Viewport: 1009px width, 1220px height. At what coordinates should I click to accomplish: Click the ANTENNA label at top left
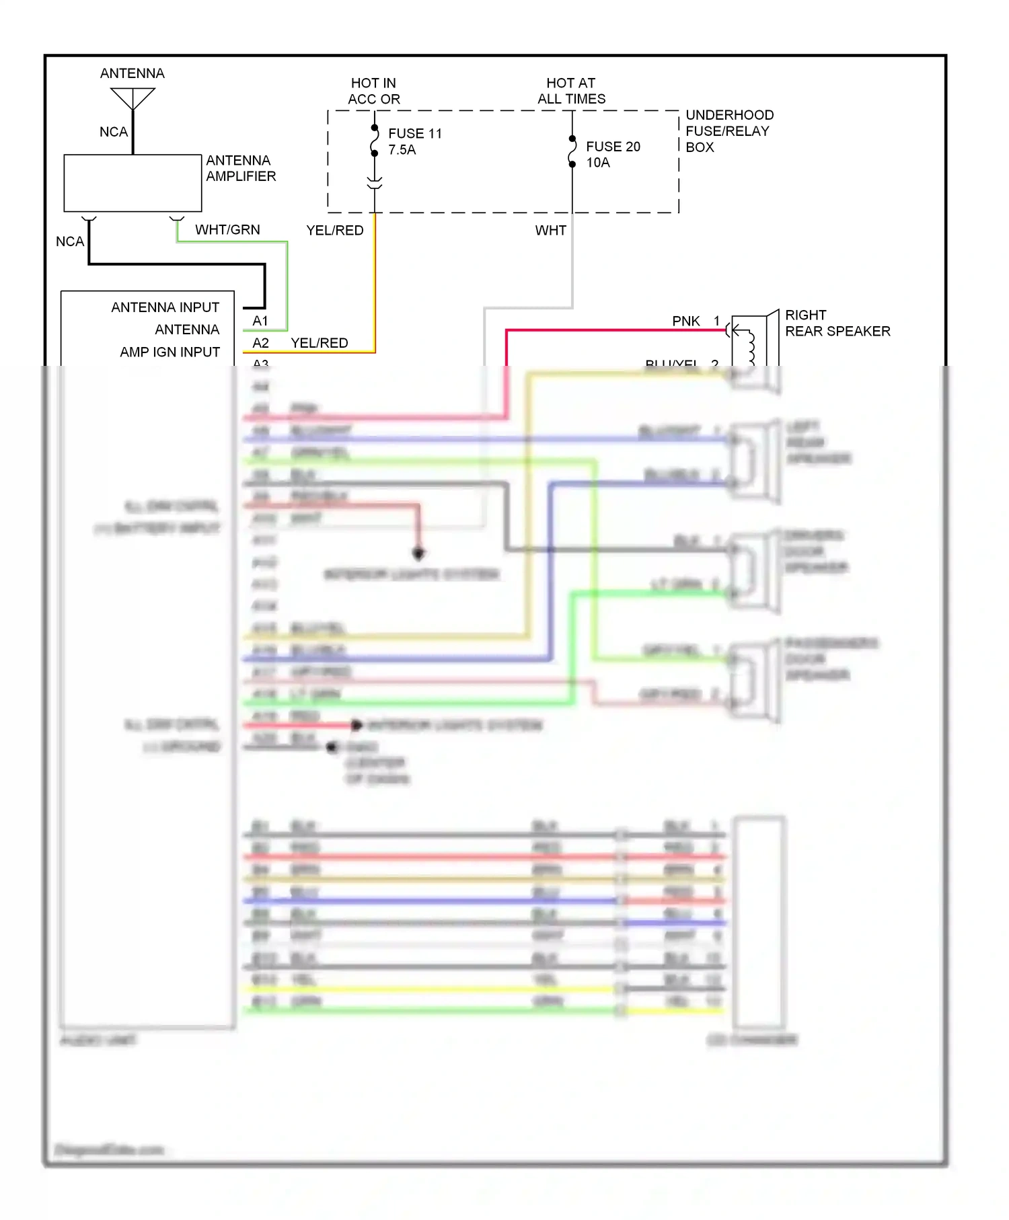coord(132,73)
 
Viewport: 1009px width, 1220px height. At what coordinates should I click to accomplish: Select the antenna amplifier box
coord(133,183)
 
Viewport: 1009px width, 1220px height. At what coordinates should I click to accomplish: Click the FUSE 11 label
coord(415,133)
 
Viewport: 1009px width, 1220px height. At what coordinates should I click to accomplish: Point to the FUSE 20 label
coord(613,147)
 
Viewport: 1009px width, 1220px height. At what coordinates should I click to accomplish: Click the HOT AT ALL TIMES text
coord(571,91)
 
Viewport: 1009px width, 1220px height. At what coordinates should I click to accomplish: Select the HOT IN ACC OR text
coord(373,91)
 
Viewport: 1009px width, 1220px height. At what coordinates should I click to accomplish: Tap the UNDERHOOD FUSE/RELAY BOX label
coord(728,131)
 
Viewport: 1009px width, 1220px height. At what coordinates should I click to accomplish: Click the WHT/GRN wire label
coord(227,230)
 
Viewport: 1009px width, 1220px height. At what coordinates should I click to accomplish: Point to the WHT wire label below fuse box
coord(550,231)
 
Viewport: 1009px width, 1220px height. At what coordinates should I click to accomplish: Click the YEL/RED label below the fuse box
coord(334,231)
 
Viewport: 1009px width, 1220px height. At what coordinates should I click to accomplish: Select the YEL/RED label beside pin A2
coord(319,343)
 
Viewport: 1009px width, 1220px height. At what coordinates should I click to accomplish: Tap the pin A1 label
coord(260,321)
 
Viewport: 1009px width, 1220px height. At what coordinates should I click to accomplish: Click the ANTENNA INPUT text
coord(165,307)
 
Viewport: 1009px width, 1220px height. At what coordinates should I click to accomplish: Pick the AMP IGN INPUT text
coord(170,352)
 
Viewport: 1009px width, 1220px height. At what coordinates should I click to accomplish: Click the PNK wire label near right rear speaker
coord(685,321)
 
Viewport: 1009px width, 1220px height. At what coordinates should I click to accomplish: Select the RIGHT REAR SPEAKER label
coord(837,323)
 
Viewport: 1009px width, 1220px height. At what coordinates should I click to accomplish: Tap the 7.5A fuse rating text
coord(402,150)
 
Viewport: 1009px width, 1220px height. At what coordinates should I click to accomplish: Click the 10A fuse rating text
coord(597,163)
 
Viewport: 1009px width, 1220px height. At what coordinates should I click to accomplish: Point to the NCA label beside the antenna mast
coord(113,132)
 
